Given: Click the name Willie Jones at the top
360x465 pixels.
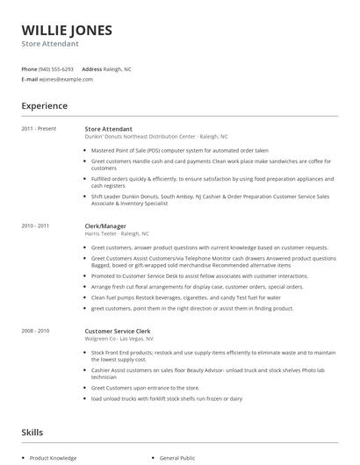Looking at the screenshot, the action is (x=67, y=30).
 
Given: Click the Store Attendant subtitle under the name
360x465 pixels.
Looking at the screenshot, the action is (x=50, y=44).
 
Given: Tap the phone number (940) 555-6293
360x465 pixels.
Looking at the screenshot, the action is (x=56, y=68).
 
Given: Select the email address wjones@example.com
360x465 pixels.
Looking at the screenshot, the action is (x=66, y=79).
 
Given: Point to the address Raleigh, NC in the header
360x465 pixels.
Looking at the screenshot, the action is (x=118, y=68).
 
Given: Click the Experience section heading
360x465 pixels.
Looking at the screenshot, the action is (x=44, y=106).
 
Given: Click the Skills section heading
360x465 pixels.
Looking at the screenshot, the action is (x=32, y=433).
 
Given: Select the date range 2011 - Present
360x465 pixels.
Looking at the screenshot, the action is (x=39, y=129).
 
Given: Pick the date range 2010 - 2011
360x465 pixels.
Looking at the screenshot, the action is (x=35, y=226).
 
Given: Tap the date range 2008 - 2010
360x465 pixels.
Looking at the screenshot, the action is (x=35, y=331).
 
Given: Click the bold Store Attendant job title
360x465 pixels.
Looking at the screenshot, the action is (x=109, y=129).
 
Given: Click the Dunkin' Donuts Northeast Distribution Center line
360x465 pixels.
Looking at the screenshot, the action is (x=156, y=137).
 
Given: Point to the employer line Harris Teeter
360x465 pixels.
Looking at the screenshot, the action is (x=117, y=234).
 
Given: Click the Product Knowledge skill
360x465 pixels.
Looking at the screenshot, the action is (x=53, y=458).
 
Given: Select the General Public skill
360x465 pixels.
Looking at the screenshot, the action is (x=177, y=458).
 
